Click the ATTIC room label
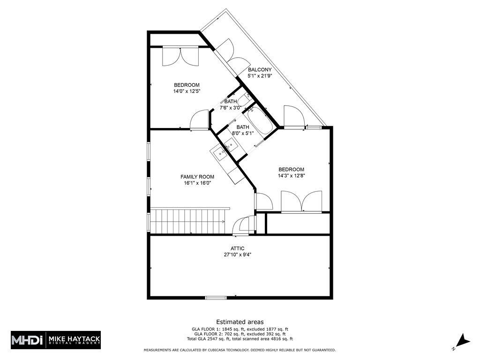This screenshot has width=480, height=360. [237, 248]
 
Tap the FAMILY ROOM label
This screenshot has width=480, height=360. [197, 177]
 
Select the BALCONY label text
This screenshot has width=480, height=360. [260, 69]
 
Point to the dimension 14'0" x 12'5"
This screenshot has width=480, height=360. [187, 91]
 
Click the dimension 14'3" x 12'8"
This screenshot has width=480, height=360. [291, 176]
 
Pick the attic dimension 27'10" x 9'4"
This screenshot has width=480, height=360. [237, 255]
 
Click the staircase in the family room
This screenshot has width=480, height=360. [187, 221]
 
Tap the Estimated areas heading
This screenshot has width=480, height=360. [240, 322]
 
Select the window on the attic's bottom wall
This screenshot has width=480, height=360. [216, 297]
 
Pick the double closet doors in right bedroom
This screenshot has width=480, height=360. [301, 202]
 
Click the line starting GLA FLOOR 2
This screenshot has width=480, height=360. [240, 334]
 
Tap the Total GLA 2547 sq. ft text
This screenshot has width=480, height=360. [240, 339]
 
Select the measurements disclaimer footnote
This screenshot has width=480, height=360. [240, 350]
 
